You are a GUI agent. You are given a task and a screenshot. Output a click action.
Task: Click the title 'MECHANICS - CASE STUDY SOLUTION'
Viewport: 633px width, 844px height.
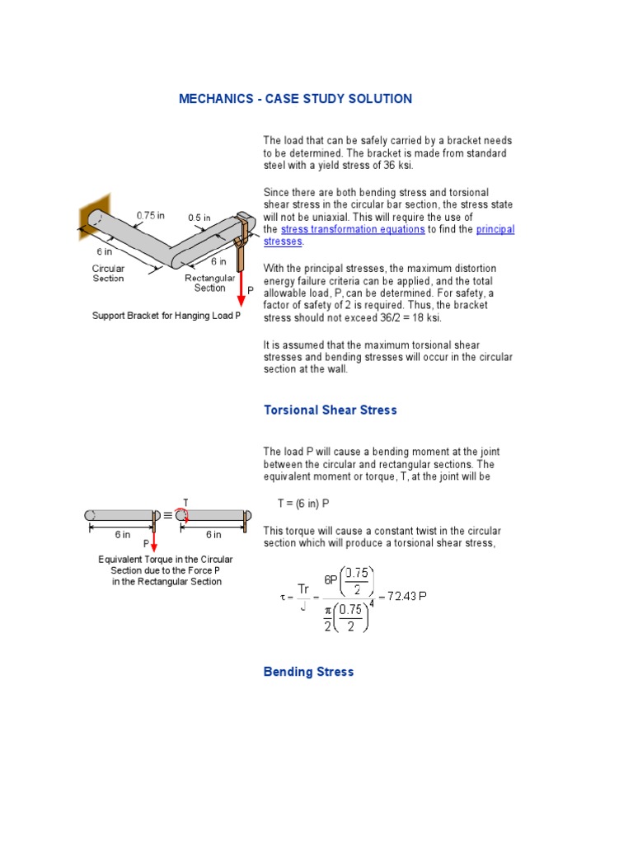point(295,99)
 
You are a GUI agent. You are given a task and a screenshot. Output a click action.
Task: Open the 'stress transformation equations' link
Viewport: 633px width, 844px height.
point(353,229)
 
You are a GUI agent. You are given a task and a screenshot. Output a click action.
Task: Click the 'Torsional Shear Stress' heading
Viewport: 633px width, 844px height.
point(330,410)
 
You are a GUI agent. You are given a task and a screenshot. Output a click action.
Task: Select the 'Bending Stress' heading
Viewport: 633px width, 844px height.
point(308,672)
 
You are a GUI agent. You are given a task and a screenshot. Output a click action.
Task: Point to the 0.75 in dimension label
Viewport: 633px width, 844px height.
point(150,215)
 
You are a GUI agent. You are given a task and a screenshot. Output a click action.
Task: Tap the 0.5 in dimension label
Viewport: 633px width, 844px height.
point(200,218)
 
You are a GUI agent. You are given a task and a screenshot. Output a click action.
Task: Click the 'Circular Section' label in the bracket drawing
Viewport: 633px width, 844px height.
point(108,273)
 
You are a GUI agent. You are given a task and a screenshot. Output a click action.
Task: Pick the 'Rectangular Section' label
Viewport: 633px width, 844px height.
point(209,283)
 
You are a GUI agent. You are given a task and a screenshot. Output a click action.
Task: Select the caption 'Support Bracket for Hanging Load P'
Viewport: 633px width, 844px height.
point(166,316)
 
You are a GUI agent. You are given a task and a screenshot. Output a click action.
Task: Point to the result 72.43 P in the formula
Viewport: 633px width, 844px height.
point(407,595)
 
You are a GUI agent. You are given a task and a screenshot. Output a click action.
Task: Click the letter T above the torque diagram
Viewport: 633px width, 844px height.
point(185,502)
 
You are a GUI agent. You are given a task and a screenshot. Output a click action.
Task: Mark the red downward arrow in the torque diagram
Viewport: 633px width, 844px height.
point(154,536)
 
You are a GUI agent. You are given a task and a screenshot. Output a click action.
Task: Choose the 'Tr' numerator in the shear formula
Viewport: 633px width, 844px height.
point(303,588)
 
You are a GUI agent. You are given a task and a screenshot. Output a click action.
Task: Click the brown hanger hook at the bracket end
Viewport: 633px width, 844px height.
point(240,239)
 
